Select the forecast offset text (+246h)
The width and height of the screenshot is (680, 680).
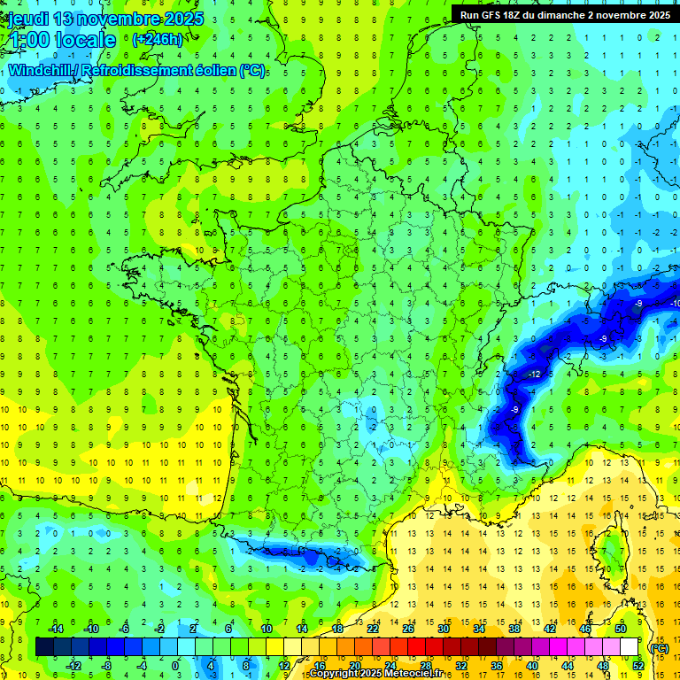(158, 40)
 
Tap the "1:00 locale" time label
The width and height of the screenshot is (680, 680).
(63, 40)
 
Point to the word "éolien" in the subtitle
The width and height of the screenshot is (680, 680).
(213, 71)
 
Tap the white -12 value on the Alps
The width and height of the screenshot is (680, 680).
(534, 375)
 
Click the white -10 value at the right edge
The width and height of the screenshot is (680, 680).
(675, 304)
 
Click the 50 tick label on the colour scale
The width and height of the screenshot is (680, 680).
(621, 629)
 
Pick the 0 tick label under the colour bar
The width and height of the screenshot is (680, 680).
(174, 666)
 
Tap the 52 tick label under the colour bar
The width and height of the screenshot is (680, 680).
(637, 666)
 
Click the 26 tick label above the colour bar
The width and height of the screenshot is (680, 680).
(408, 629)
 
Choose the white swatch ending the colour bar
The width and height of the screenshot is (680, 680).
(630, 647)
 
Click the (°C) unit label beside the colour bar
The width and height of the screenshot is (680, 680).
(659, 648)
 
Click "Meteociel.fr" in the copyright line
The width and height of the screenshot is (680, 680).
(425, 674)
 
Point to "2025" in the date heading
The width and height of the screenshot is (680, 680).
(182, 19)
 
